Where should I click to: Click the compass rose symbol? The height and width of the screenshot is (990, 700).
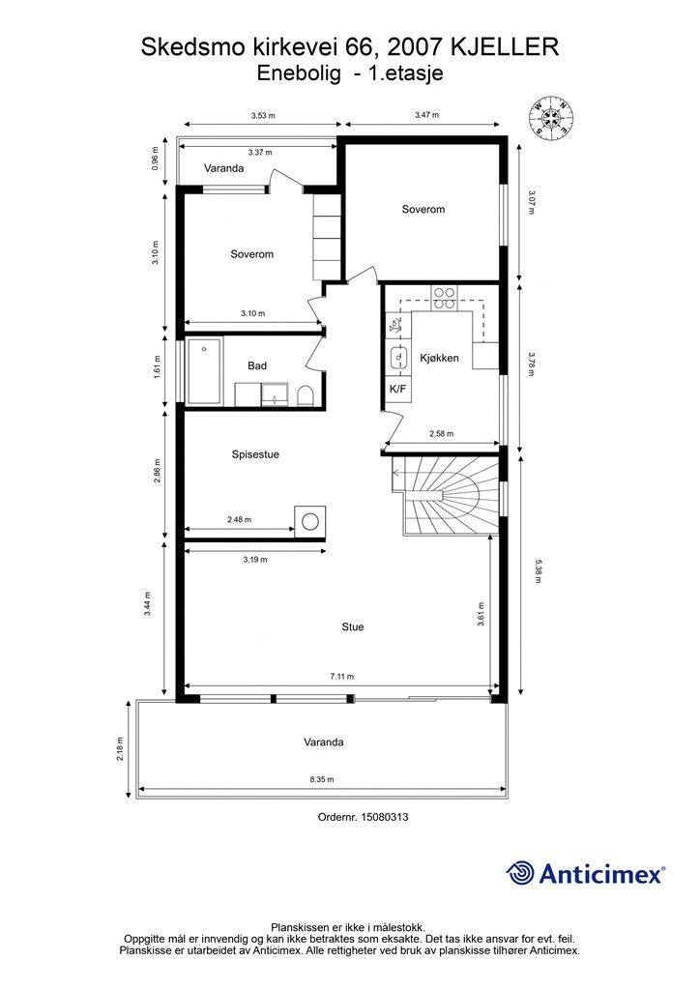551,117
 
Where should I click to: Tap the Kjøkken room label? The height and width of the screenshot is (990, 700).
439,358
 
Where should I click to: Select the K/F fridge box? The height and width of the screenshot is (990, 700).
397,389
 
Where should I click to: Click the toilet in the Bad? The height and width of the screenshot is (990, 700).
305,395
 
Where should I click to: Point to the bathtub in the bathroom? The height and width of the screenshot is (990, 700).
204,372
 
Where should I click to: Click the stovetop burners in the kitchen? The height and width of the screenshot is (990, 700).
444,298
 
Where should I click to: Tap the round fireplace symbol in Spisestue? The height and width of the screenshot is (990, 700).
310,521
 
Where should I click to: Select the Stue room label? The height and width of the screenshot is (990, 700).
353,626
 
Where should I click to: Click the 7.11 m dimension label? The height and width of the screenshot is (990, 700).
342,677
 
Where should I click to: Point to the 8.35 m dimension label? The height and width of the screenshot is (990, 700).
322,780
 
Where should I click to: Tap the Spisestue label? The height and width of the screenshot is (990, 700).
255,454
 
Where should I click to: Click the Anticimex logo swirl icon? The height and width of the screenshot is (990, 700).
520,873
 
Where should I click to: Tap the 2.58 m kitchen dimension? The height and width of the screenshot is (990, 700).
441,434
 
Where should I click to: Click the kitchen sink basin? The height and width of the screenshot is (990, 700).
398,358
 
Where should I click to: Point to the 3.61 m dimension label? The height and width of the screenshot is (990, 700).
481,613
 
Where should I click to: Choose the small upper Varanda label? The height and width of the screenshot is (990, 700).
223,168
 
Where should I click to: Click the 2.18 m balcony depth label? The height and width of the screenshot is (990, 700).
120,749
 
